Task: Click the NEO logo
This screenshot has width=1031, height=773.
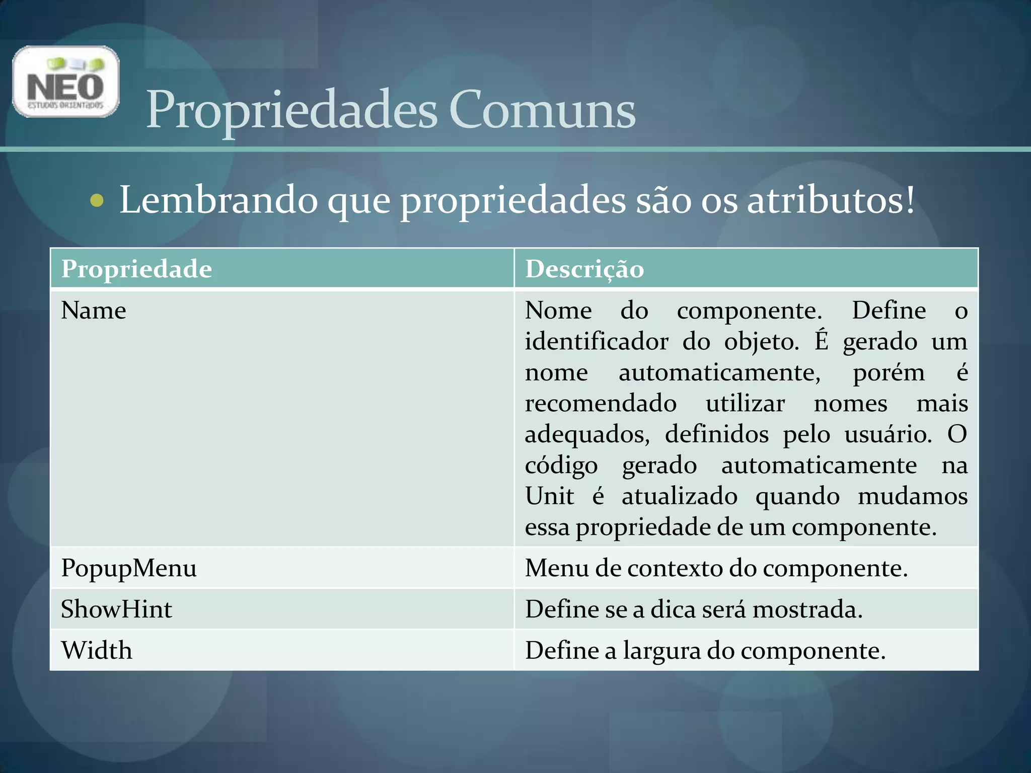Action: tap(66, 82)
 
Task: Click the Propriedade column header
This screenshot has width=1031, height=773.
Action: tap(136, 269)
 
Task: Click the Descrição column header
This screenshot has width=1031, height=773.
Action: tap(584, 269)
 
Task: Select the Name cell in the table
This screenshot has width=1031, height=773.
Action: tap(94, 311)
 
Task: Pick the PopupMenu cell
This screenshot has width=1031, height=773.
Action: tap(129, 568)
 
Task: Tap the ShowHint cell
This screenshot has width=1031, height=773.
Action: tap(116, 609)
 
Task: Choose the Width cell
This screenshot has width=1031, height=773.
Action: tap(97, 650)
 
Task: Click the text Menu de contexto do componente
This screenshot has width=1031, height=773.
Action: tap(716, 568)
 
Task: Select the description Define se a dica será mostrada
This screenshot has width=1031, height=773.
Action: tap(694, 609)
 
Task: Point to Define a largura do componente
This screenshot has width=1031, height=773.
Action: tap(705, 650)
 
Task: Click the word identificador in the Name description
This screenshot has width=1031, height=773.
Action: tap(597, 342)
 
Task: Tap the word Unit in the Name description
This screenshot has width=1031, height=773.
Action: tap(549, 496)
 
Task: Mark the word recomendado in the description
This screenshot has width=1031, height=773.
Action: tap(601, 404)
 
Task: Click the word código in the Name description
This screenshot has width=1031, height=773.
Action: tap(561, 466)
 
